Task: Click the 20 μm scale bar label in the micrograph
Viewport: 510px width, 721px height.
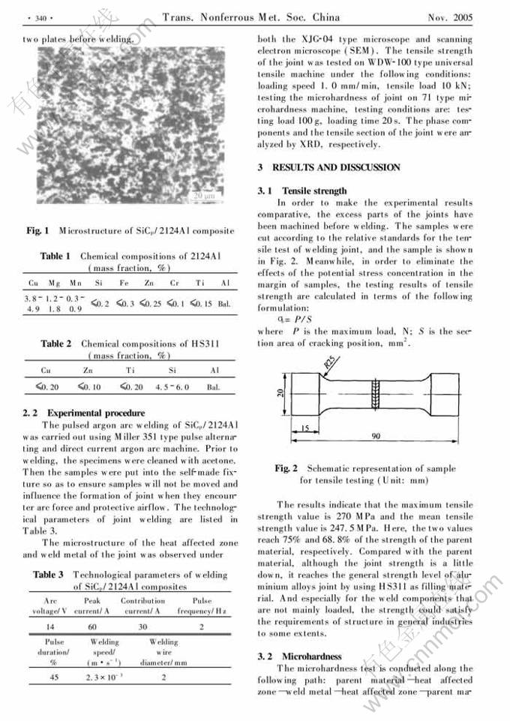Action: point(204,196)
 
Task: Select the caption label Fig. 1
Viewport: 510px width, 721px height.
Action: point(37,230)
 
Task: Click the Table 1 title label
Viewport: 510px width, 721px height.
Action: point(55,256)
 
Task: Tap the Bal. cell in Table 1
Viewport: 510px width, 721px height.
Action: point(224,304)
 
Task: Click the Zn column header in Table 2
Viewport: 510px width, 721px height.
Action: point(89,370)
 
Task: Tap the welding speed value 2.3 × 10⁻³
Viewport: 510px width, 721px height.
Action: point(106,676)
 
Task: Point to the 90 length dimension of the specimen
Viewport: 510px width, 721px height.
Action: point(374,436)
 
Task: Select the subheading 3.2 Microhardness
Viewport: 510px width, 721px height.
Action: point(299,656)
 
